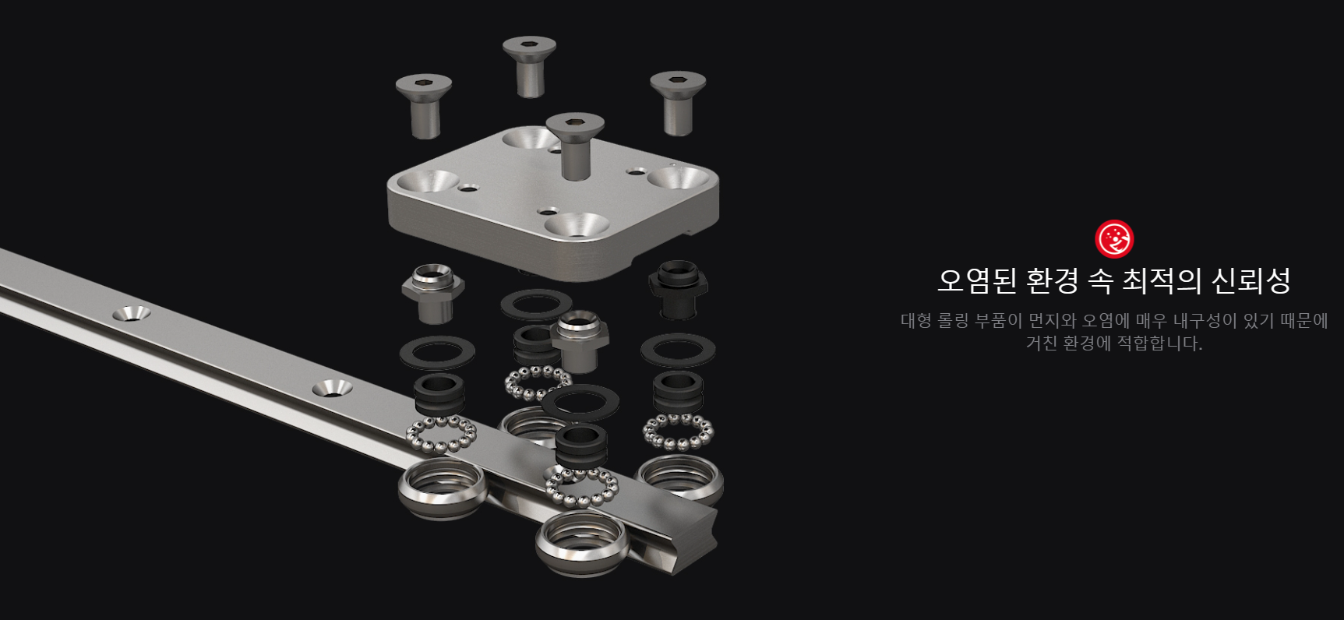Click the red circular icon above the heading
(x=1114, y=238)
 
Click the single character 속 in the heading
(x=1099, y=280)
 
